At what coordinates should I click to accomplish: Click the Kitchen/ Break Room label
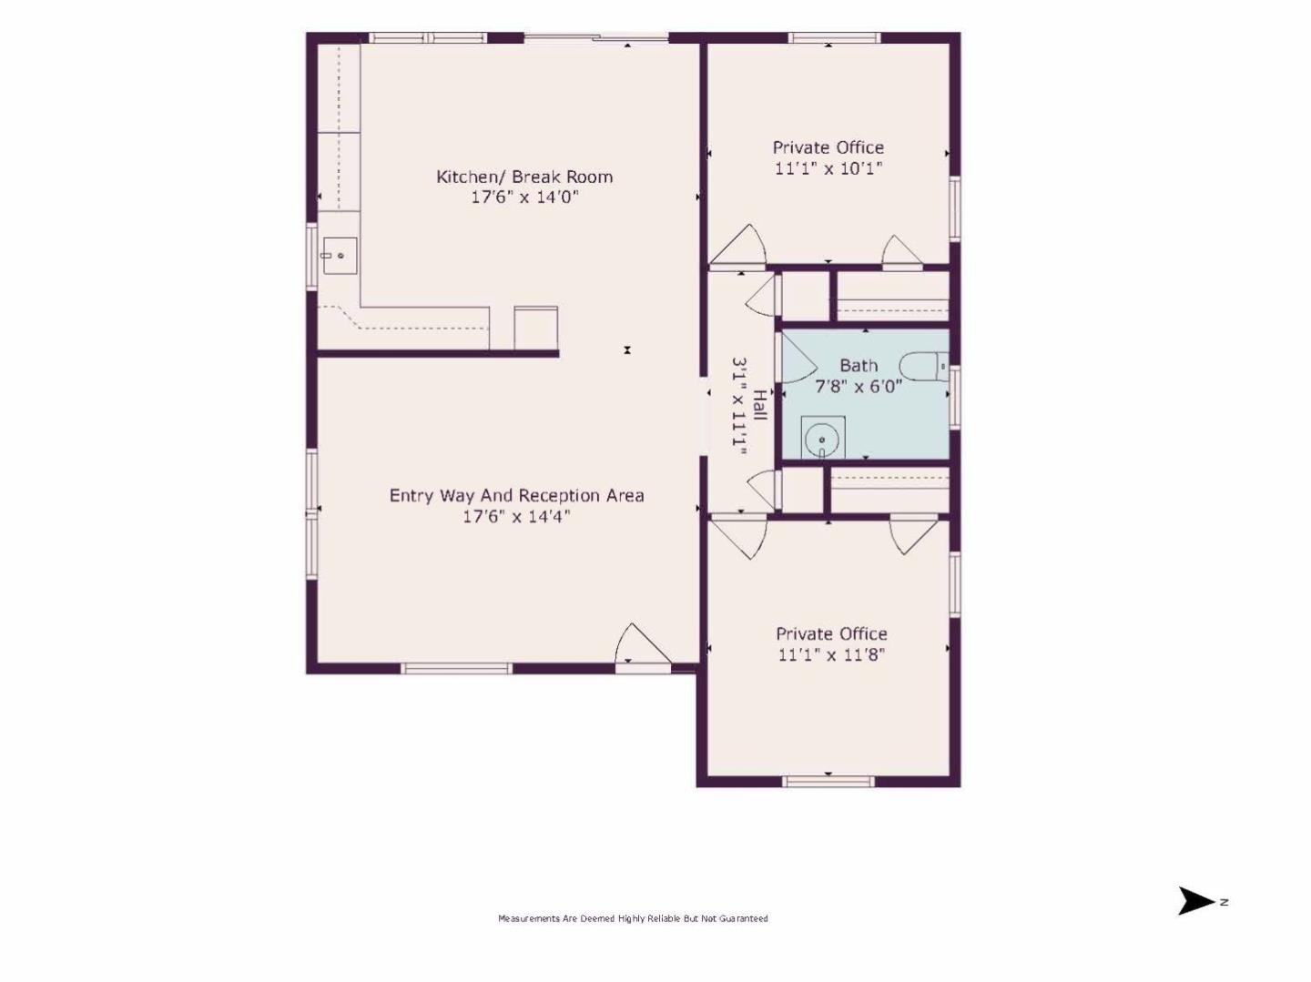524,177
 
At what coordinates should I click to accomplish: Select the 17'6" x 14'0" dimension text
525,197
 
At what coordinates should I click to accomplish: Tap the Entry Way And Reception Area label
516,495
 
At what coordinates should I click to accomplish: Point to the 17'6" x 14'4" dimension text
516,516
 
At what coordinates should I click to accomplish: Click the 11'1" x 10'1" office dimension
828,168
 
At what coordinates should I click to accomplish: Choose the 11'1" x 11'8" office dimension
831,655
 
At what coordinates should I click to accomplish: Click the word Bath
859,365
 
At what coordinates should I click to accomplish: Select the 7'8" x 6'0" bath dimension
859,386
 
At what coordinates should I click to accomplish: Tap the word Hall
759,406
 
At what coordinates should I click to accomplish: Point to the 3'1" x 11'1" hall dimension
740,407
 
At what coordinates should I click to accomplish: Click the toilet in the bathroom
924,366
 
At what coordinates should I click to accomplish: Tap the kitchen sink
340,256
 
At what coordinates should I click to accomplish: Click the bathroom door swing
797,359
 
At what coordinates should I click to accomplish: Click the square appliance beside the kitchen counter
535,329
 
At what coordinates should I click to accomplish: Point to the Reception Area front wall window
456,669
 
